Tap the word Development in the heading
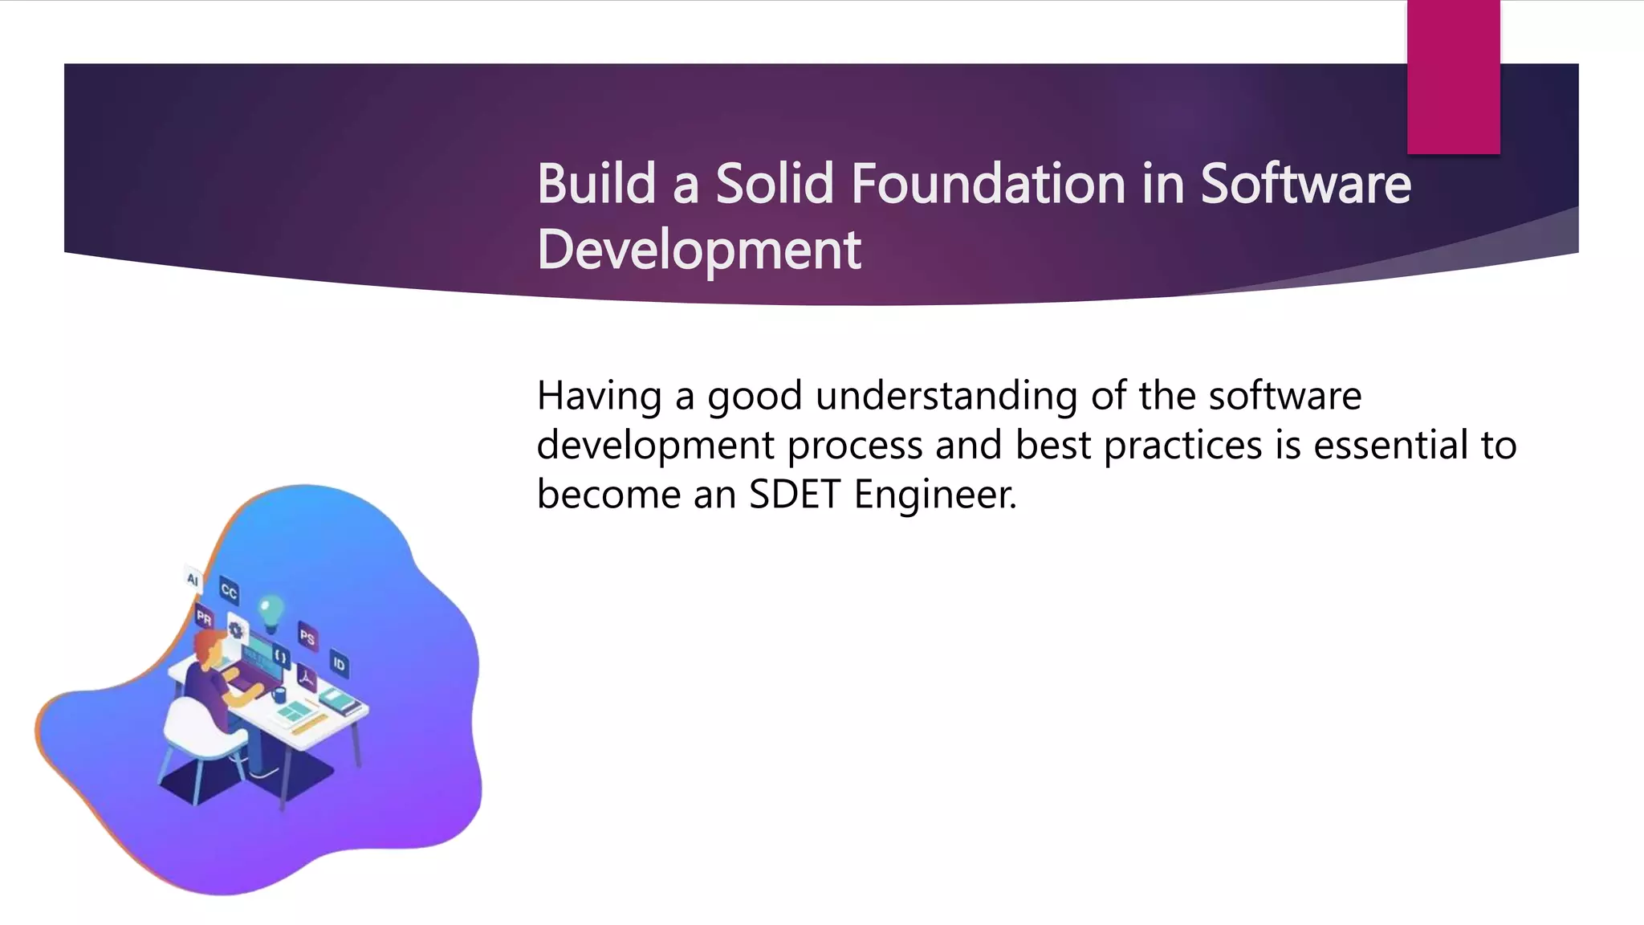pyautogui.click(x=698, y=250)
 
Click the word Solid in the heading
pyautogui.click(x=775, y=184)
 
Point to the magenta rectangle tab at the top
pyautogui.click(x=1453, y=76)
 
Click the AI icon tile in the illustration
pyautogui.click(x=193, y=578)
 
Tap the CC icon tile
pyautogui.click(x=229, y=592)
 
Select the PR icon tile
pyautogui.click(x=204, y=617)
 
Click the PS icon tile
pyautogui.click(x=307, y=636)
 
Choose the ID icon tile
pyautogui.click(x=339, y=663)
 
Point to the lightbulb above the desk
pyautogui.click(x=271, y=608)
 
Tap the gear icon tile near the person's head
pyautogui.click(x=235, y=630)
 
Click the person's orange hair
pyautogui.click(x=210, y=642)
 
